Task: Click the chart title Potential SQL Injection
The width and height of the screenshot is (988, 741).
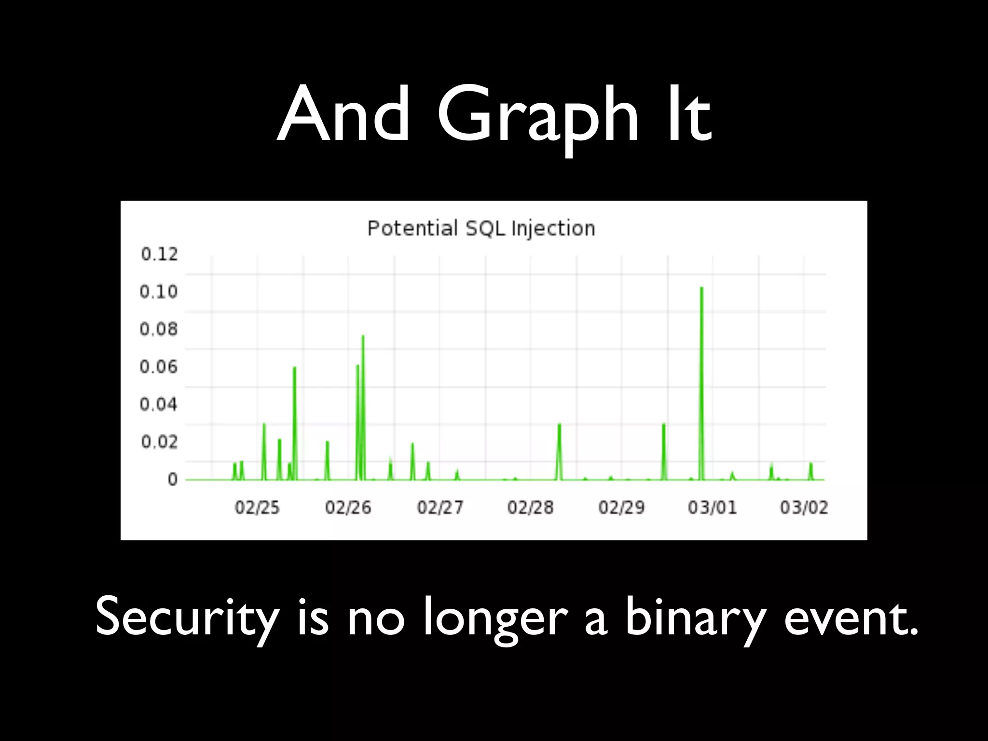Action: tap(481, 228)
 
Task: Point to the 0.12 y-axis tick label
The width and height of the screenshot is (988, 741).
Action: tap(159, 254)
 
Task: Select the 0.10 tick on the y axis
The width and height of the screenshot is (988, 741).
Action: tap(159, 292)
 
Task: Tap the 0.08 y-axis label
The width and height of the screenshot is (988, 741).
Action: tap(159, 329)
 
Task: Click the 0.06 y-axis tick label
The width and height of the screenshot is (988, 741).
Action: tap(159, 367)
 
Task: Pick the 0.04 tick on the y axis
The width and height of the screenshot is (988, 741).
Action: tap(159, 404)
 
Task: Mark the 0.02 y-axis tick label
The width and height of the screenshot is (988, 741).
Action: tap(159, 442)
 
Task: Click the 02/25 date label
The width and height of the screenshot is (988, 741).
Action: tap(257, 508)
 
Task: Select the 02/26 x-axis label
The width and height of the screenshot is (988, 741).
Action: tap(348, 508)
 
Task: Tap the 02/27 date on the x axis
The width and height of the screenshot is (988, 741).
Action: tap(440, 508)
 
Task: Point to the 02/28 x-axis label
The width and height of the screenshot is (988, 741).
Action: tap(530, 508)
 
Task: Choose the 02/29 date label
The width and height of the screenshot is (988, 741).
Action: tap(621, 508)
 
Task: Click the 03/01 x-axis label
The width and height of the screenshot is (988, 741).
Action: tap(713, 508)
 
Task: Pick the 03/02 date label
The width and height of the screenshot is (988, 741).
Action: tap(804, 508)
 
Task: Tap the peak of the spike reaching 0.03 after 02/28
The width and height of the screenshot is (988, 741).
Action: tap(559, 425)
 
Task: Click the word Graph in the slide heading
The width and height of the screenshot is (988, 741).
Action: tap(537, 116)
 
